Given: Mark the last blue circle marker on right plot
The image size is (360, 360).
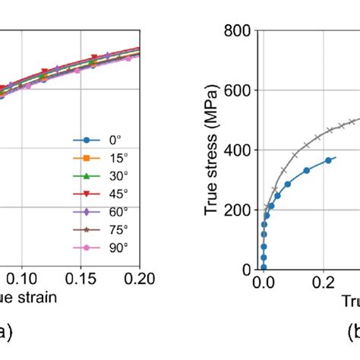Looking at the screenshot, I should (x=328, y=160).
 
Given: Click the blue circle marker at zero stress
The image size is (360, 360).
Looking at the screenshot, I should (x=264, y=267).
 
